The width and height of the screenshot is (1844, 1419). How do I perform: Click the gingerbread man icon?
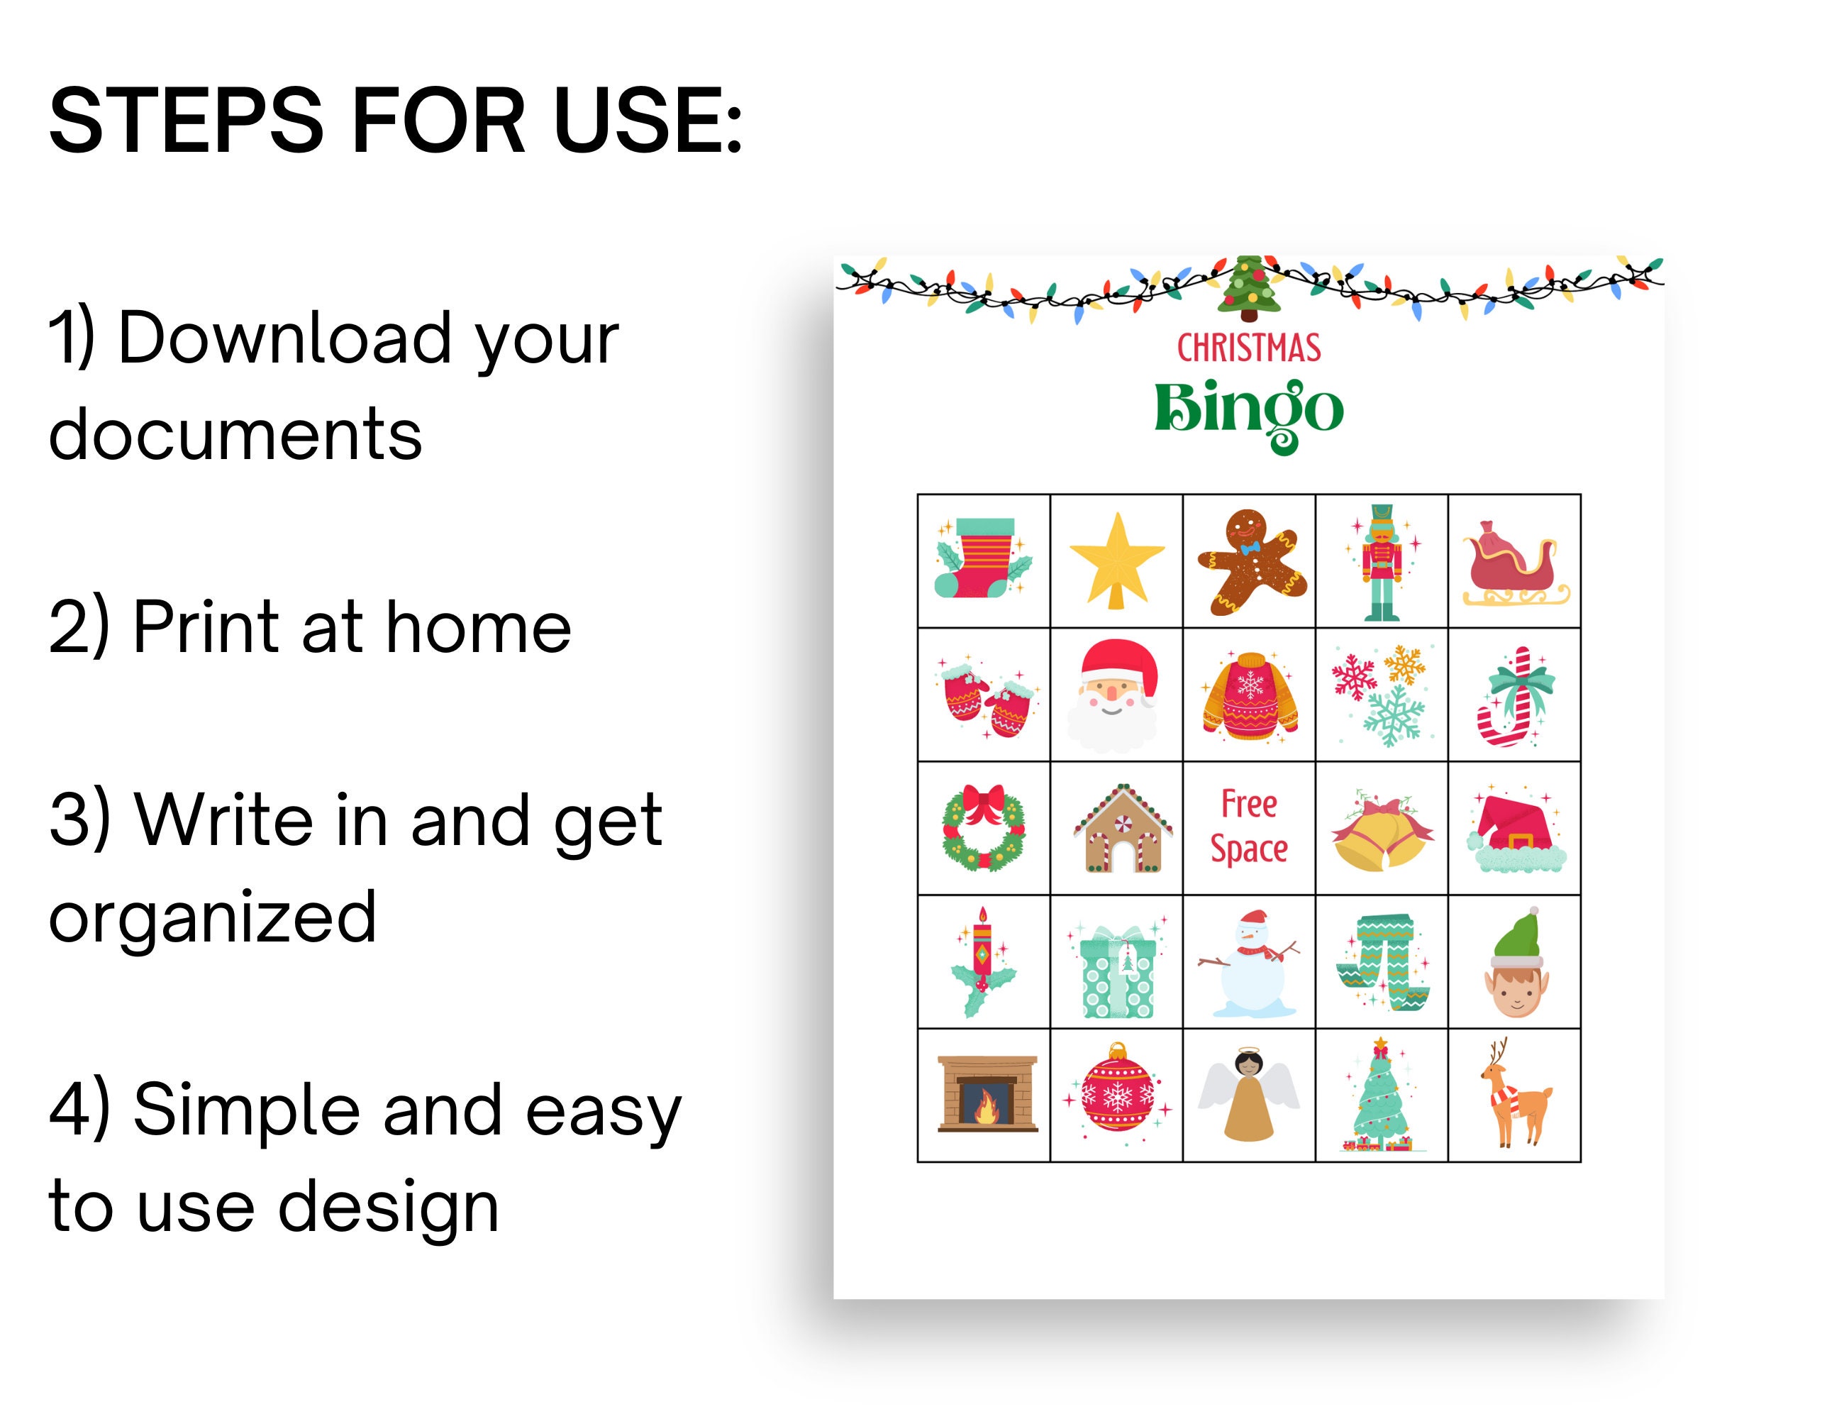1251,562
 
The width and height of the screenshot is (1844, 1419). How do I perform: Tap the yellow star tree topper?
1116,560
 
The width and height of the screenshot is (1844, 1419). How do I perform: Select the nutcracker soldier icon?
1382,563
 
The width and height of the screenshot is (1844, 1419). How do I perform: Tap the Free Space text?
1249,827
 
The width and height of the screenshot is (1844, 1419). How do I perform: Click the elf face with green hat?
1516,963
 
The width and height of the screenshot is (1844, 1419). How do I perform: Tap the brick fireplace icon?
987,1094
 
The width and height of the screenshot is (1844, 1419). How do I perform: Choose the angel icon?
1248,1095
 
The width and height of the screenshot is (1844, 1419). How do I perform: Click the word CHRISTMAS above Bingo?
1249,348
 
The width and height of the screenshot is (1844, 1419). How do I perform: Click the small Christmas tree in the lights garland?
1248,288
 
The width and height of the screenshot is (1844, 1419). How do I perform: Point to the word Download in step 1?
284,338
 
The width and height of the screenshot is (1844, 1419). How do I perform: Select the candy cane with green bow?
1515,696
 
